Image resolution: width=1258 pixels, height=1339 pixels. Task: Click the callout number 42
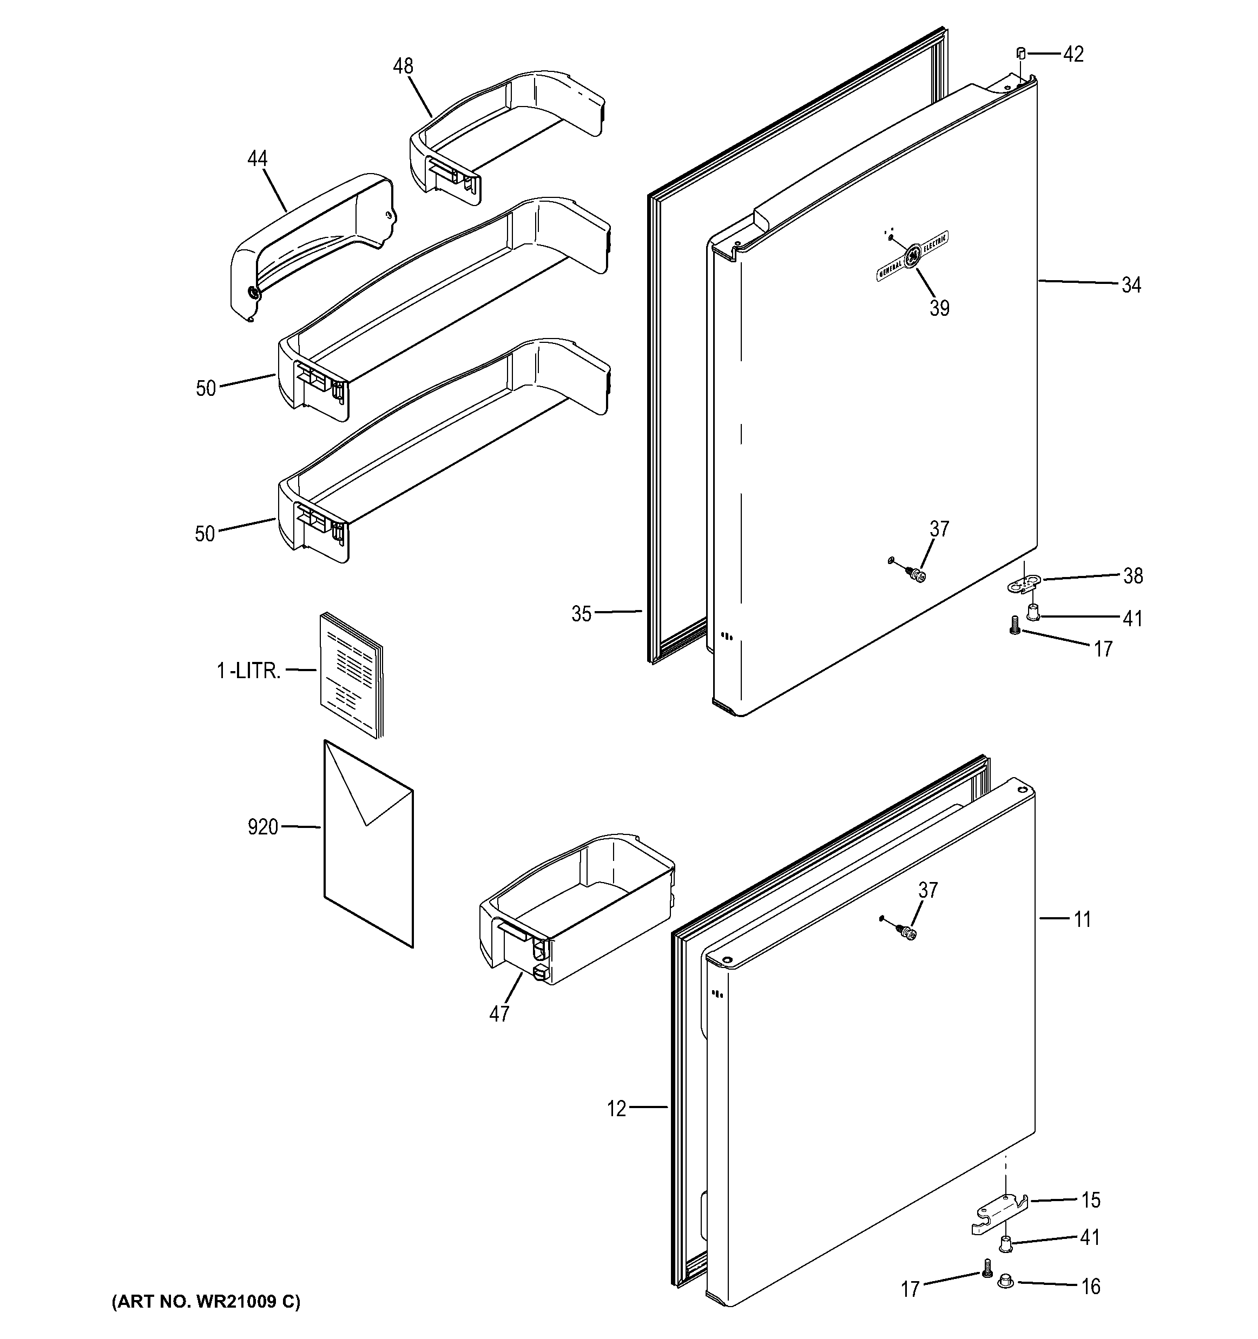[x=1073, y=54]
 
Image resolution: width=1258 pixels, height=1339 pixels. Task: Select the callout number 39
[x=939, y=308]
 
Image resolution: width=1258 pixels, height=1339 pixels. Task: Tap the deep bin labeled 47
[x=576, y=909]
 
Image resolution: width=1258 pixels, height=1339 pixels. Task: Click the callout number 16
[x=1090, y=1287]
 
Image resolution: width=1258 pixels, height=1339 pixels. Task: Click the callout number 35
[x=582, y=614]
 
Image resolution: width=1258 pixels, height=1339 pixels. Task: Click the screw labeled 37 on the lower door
[x=907, y=933]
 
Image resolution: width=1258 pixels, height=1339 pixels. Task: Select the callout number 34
[x=1131, y=285]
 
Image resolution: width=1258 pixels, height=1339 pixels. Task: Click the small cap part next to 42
[x=1021, y=53]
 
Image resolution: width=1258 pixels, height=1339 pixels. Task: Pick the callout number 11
[x=1082, y=919]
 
